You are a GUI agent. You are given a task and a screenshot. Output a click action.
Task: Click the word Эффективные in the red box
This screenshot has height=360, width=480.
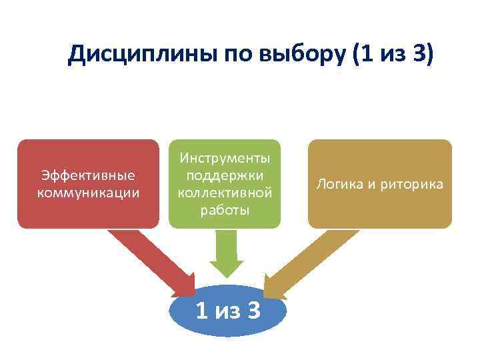88,175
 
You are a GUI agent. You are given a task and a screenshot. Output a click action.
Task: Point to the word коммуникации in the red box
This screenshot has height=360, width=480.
88,193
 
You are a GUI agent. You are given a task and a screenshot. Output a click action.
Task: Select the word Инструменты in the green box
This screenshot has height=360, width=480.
224,159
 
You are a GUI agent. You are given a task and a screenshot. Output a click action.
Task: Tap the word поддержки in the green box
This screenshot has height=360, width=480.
224,175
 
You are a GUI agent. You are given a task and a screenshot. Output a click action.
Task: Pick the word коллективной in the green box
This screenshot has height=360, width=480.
224,193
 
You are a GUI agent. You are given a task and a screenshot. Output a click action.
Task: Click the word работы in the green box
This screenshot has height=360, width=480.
224,210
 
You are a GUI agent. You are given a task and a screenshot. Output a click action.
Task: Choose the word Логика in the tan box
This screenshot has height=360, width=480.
337,184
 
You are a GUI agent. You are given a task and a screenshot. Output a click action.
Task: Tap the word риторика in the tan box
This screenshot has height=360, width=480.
411,184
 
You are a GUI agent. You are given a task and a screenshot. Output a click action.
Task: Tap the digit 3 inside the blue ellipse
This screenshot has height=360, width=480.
253,310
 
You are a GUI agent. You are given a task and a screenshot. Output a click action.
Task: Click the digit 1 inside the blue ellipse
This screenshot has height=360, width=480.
201,310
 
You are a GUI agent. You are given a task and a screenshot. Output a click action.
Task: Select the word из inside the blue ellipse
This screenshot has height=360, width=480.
226,311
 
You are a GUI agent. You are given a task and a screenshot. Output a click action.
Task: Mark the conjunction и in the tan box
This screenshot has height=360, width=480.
369,184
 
